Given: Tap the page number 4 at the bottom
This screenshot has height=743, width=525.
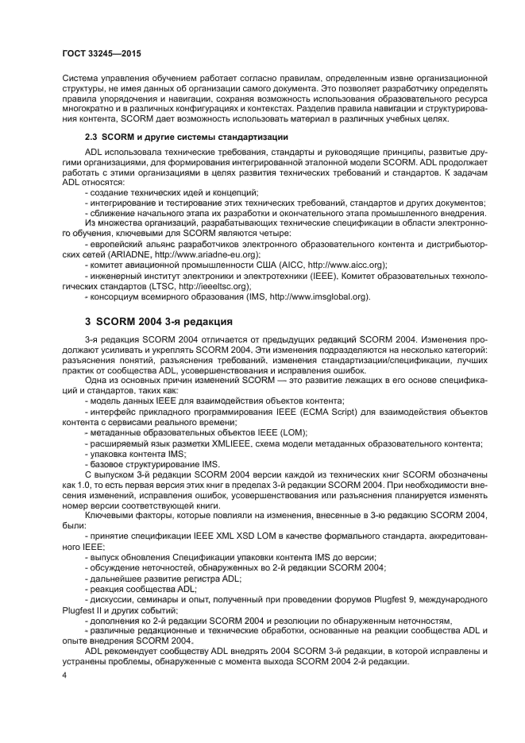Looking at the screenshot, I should click(64, 675).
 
